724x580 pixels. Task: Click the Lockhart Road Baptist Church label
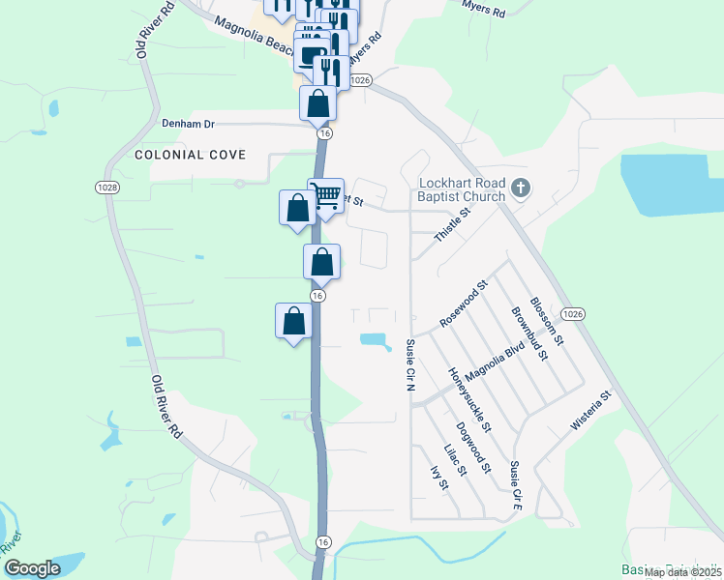point(462,190)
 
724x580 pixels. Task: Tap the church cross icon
point(522,187)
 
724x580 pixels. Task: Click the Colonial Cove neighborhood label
point(191,155)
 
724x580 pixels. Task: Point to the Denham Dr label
point(188,125)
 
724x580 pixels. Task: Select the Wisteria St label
point(592,410)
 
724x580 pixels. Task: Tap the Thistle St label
point(451,225)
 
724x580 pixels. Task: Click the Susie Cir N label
point(409,364)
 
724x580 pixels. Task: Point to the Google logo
point(33,569)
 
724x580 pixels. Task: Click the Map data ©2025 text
point(681,572)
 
